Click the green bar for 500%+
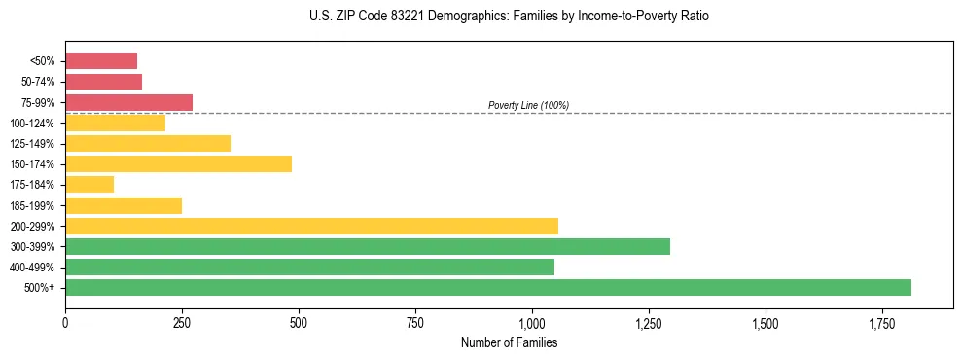click(x=487, y=287)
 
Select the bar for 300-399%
click(x=367, y=246)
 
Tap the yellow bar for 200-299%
click(x=311, y=226)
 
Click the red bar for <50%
click(x=101, y=61)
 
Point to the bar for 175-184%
click(x=89, y=185)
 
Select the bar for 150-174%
click(x=178, y=163)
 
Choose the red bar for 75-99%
click(x=128, y=102)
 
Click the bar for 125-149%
click(x=148, y=143)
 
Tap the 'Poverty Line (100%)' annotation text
click(x=528, y=105)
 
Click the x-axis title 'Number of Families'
click(x=509, y=342)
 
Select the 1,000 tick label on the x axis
click(x=532, y=322)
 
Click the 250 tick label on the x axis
click(x=182, y=322)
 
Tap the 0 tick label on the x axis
click(x=65, y=322)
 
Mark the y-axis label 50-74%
click(x=40, y=82)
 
